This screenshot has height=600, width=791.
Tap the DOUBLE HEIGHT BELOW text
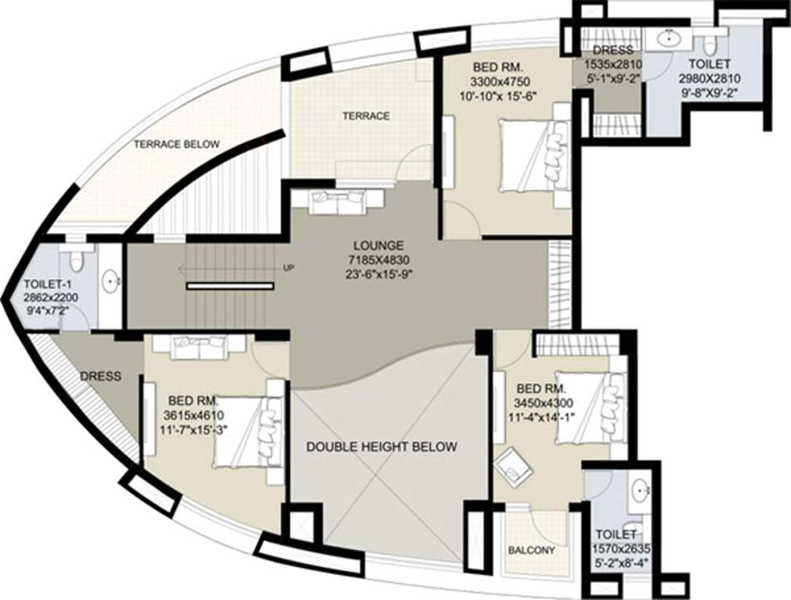point(381,447)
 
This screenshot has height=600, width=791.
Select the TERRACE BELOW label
point(176,144)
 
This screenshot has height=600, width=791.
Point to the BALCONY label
point(532,550)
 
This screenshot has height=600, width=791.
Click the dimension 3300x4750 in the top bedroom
point(501,81)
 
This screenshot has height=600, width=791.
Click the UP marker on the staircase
point(289,268)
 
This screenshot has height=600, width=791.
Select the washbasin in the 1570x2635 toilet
point(641,491)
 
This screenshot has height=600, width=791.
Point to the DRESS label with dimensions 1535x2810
point(608,51)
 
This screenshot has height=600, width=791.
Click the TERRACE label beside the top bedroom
point(365,116)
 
